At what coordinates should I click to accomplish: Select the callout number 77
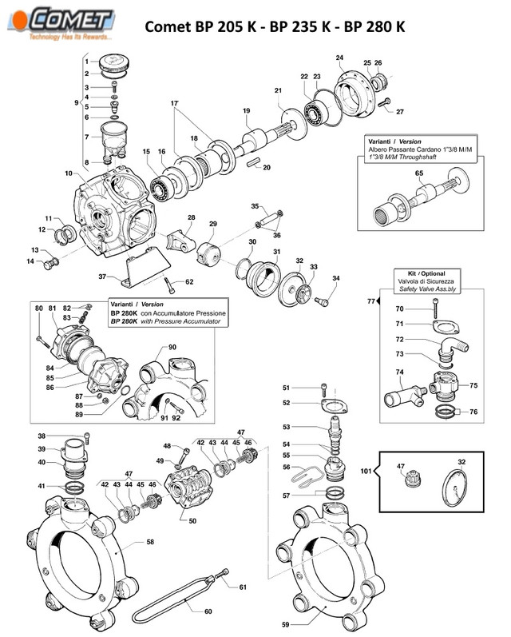370,301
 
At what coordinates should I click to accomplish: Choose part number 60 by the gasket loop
208,612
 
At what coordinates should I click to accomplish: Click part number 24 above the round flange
339,58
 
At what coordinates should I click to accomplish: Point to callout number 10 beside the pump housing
69,173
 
